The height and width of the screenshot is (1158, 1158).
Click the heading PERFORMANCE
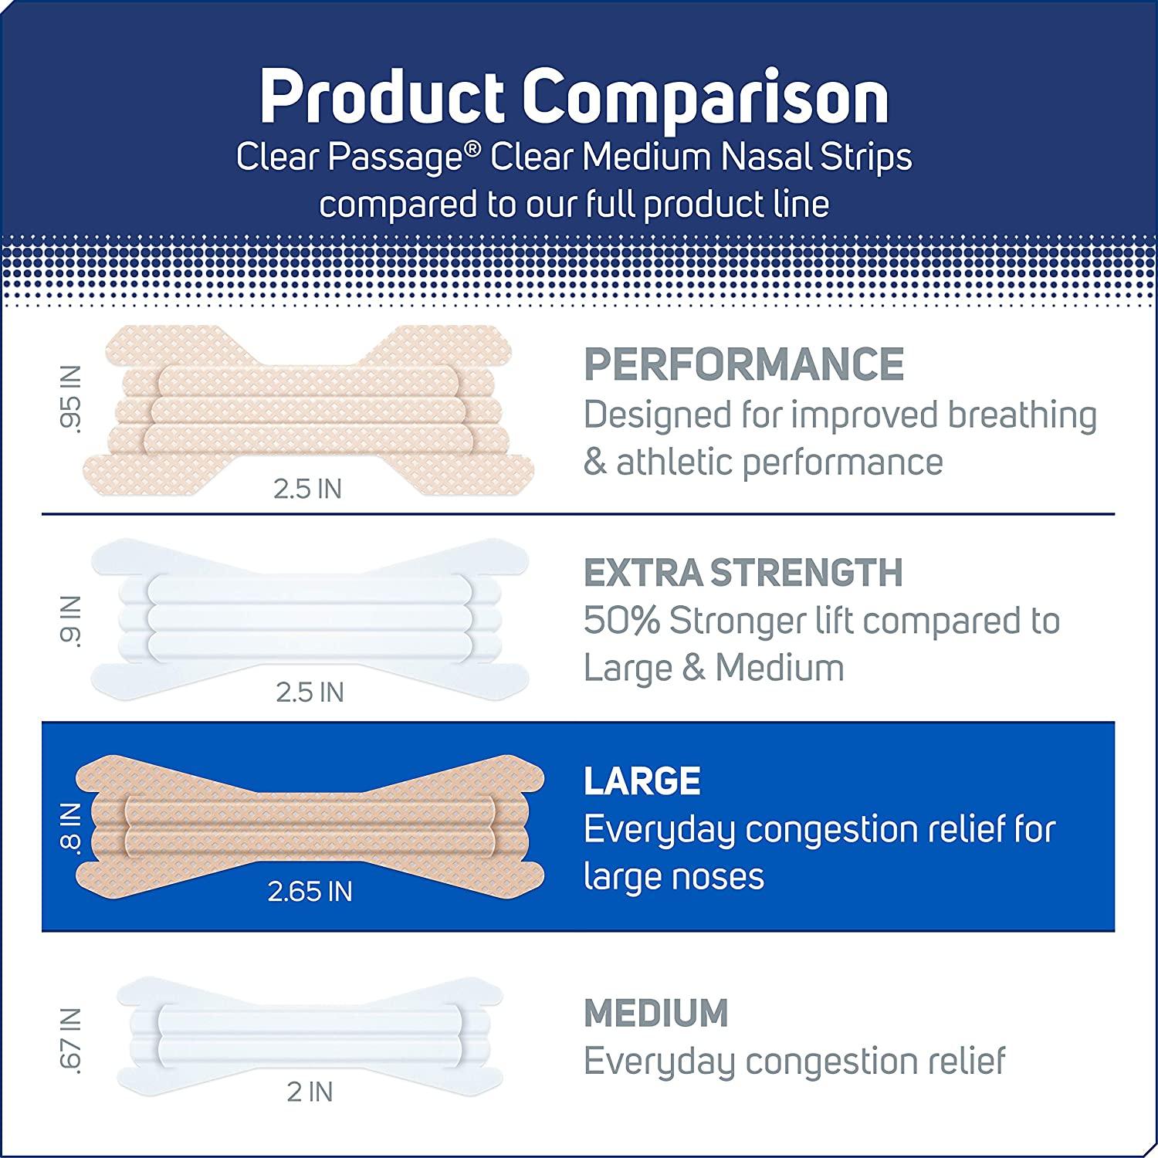[743, 364]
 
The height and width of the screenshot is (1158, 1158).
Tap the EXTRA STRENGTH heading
[743, 573]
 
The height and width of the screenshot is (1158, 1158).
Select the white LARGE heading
[642, 781]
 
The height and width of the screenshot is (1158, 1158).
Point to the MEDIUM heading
[656, 1013]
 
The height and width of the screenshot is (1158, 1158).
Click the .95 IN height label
[72, 399]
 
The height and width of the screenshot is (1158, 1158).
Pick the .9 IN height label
[72, 620]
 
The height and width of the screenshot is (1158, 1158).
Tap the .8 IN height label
[70, 826]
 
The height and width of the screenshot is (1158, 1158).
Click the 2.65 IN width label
[310, 892]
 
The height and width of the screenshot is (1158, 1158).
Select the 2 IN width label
[310, 1092]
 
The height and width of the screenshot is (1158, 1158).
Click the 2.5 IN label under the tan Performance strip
[307, 489]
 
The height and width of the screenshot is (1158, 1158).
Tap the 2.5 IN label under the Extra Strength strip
[310, 692]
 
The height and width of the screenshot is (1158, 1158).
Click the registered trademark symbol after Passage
[479, 148]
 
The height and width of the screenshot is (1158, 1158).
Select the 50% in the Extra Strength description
[621, 621]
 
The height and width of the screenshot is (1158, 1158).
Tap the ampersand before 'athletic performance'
[594, 463]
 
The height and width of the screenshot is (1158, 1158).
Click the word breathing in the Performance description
[1022, 415]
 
